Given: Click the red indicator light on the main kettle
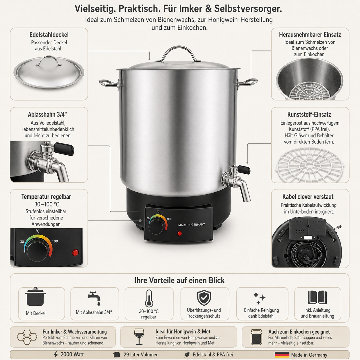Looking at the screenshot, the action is (179, 233).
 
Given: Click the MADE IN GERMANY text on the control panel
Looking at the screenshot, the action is (191, 224).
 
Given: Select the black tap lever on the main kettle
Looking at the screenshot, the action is (244, 170).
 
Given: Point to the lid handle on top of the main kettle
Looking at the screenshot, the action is (178, 54).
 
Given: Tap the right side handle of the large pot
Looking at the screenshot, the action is (247, 82).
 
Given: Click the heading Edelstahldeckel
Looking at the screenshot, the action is (49, 34).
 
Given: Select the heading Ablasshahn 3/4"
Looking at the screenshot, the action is (47, 114).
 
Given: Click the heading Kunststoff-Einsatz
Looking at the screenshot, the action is (309, 114).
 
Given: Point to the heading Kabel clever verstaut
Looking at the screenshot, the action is (308, 197).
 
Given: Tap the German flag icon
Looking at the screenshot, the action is (282, 355).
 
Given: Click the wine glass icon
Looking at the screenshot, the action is (139, 337).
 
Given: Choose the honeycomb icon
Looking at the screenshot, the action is (27, 337).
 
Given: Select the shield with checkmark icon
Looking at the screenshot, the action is (204, 298).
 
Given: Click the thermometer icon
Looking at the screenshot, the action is (149, 298).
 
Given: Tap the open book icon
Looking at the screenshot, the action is (317, 298).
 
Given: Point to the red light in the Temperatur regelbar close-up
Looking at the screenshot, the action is (75, 253).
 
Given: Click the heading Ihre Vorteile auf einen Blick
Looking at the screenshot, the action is (179, 280).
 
